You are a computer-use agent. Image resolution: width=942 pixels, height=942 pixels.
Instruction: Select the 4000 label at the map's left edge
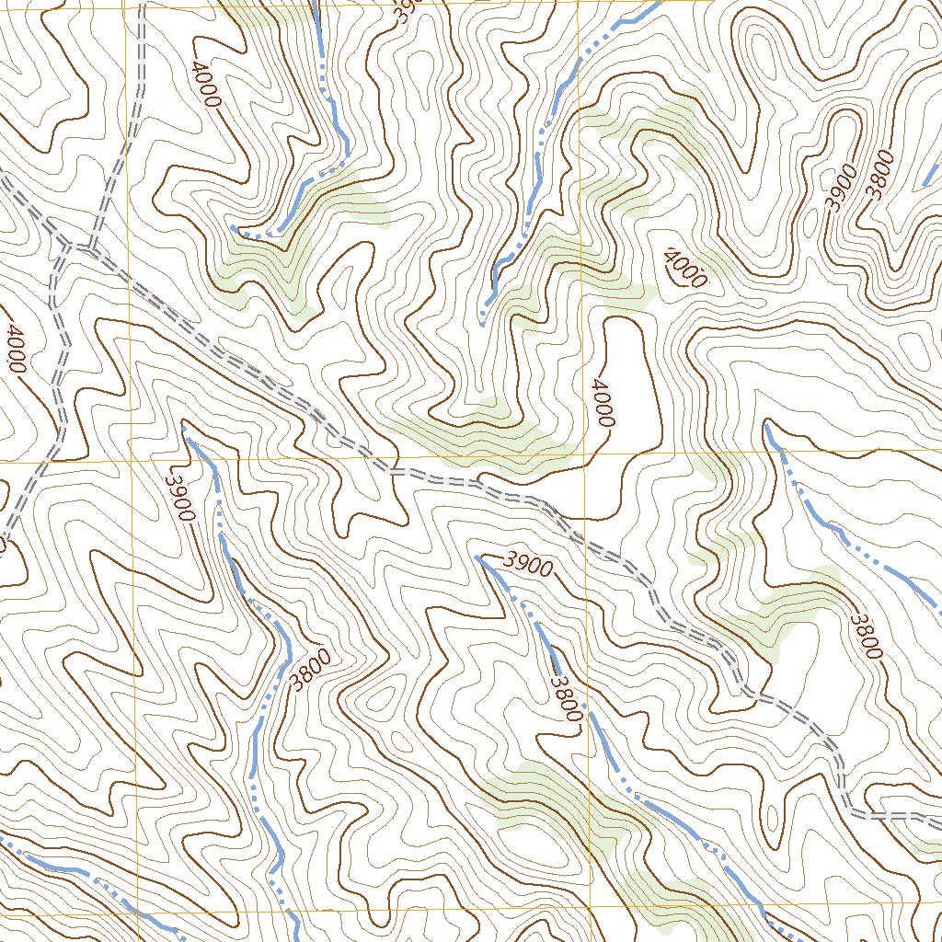[14, 348]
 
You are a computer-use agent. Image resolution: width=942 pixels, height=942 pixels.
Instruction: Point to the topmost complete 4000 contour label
[206, 84]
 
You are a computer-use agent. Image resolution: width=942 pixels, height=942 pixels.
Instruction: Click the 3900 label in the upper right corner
[841, 188]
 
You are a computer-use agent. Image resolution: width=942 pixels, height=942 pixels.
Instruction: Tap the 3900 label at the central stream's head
[529, 565]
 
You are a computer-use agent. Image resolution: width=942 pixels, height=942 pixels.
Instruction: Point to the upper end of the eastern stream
[766, 425]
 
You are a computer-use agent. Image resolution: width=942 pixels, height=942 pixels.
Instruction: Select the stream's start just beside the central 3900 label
[477, 557]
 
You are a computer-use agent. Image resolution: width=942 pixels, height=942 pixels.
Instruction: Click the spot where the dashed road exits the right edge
[938, 815]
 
